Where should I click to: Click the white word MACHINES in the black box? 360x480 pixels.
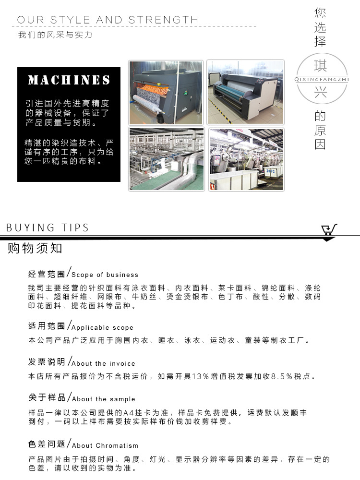point(69,80)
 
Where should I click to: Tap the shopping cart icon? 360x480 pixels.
point(329,229)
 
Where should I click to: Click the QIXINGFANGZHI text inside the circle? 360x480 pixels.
point(320,80)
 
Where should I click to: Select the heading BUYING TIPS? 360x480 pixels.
point(48,228)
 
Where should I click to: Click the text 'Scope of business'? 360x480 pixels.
point(105,275)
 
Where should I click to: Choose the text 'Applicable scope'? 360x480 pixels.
point(102,328)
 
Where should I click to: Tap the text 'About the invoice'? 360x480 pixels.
point(103,364)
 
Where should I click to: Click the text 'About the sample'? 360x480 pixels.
point(103,399)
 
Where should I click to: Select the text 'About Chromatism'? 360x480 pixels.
point(105,445)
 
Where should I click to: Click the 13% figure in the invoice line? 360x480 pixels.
point(199,377)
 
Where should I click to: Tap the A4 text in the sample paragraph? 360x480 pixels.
point(129,413)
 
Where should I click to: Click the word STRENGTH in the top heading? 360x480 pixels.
point(163,20)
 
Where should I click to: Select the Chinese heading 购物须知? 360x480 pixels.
point(35,249)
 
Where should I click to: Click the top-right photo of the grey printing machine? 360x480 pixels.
point(245,92)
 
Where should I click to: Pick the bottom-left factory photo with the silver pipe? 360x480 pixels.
point(166,159)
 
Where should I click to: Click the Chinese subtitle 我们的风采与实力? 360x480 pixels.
point(55,35)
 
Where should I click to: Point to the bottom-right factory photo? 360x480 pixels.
point(245,159)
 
